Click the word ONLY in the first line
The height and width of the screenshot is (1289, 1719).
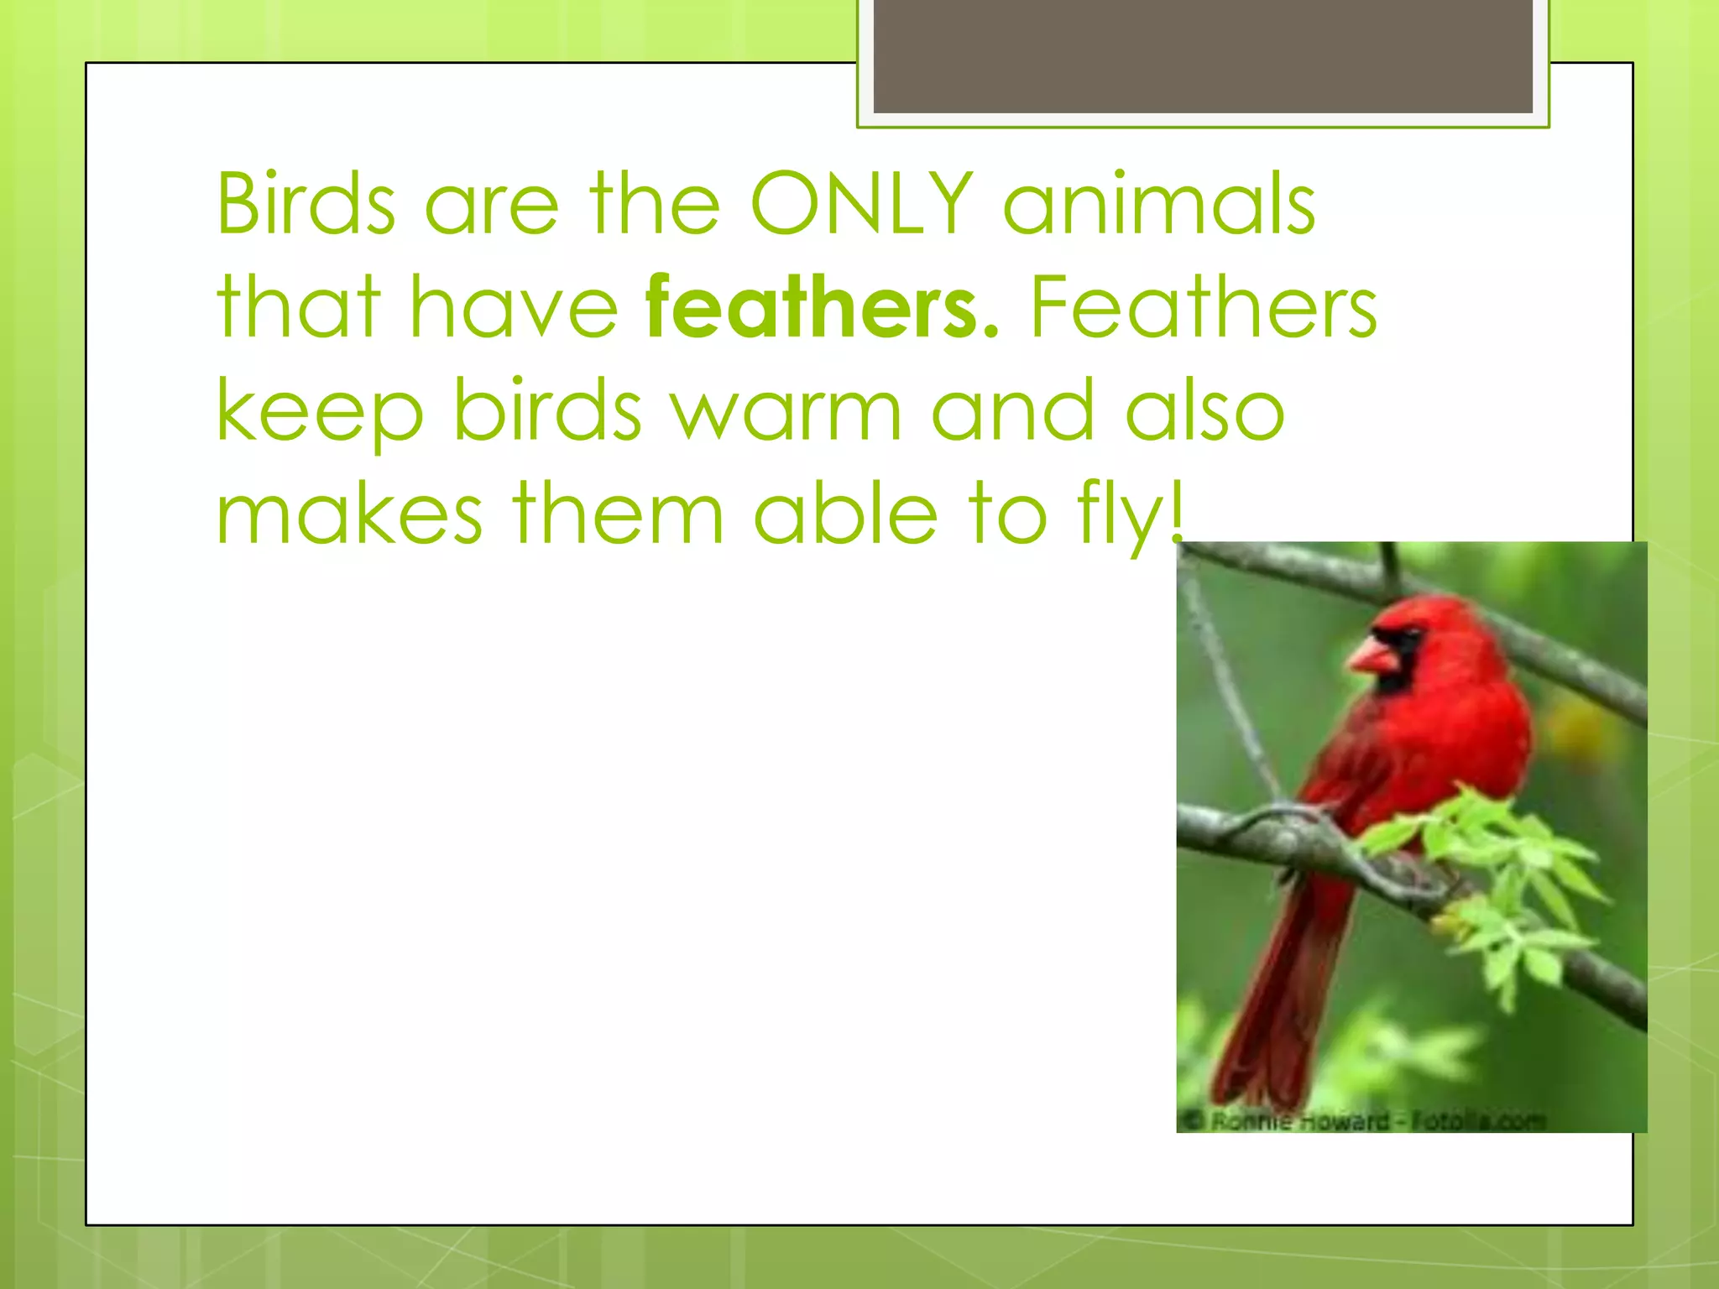point(862,203)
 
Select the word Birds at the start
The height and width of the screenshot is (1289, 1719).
point(306,203)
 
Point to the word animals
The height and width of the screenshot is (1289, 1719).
point(1159,203)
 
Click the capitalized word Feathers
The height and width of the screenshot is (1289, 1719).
point(1204,307)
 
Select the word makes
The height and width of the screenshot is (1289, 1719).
point(349,514)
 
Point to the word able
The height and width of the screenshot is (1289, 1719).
point(845,514)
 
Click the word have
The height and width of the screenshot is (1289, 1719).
point(514,307)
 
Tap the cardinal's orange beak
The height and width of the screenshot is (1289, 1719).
point(1373,656)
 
